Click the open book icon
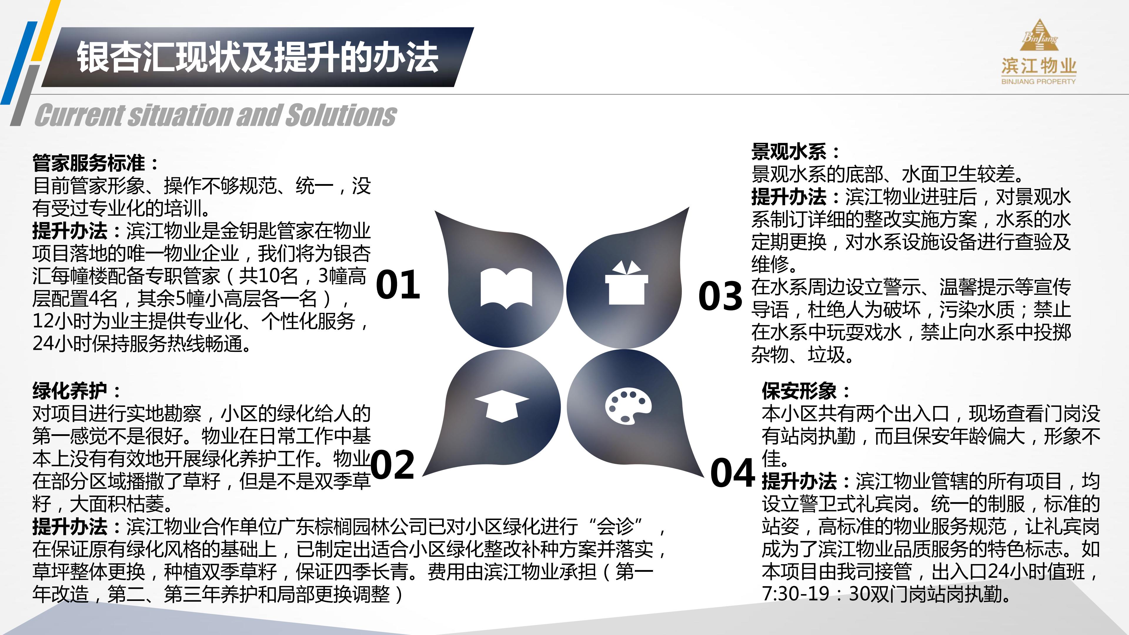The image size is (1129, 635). click(506, 288)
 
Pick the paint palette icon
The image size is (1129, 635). click(628, 405)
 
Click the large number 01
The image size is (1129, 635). click(398, 285)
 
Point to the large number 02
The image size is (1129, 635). click(393, 465)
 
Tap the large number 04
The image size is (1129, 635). click(732, 473)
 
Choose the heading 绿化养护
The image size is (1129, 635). click(70, 390)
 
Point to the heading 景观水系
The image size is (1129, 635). click(789, 152)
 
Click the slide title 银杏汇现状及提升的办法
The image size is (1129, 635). click(258, 57)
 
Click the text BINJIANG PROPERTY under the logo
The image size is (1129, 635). click(1038, 81)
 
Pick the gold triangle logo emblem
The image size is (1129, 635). click(1039, 36)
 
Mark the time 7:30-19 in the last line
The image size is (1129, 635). click(796, 594)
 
